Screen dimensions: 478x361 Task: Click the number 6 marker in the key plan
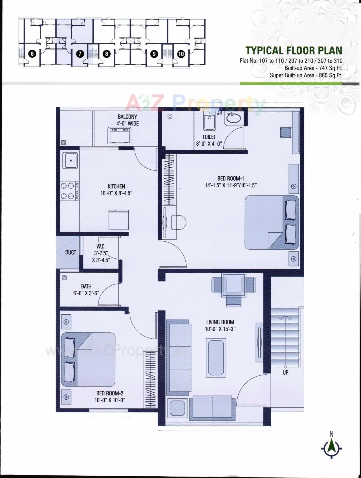click(32, 54)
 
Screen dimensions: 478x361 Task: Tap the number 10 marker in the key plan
click(181, 54)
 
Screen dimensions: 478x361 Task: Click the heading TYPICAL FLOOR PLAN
click(294, 50)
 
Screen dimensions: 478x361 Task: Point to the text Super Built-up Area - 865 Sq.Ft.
click(306, 75)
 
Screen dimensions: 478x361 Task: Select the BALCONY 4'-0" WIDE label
click(127, 120)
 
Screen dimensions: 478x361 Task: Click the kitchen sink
click(70, 161)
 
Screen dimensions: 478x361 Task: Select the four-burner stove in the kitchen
click(69, 191)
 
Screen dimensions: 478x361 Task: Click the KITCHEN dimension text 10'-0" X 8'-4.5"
click(116, 193)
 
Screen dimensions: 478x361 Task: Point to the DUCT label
click(71, 252)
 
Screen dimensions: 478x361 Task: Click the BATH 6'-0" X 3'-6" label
click(86, 290)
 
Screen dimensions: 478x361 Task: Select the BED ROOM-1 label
click(230, 178)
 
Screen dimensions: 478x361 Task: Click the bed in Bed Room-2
click(88, 360)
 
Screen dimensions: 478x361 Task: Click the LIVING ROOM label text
click(220, 322)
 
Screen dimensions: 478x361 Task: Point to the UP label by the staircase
click(285, 372)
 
